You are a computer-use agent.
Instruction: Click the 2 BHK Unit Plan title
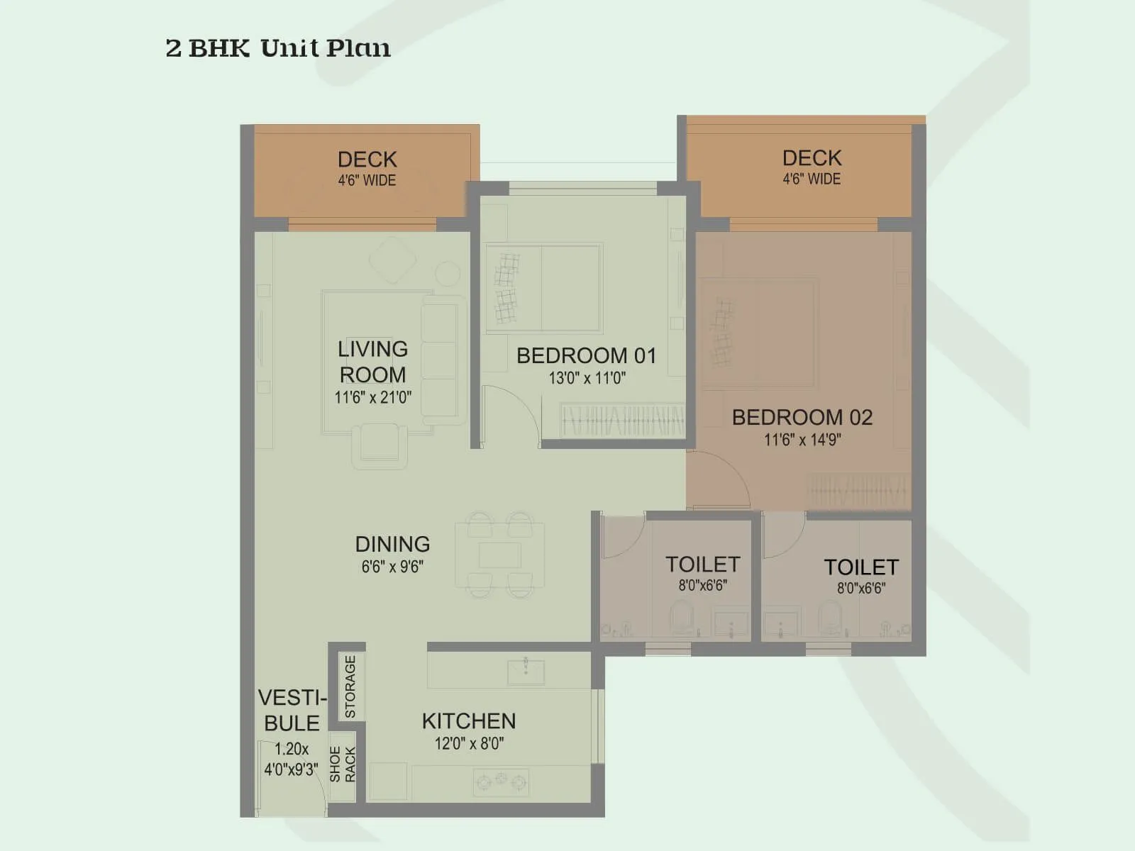[277, 48]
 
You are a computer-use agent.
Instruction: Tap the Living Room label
[372, 362]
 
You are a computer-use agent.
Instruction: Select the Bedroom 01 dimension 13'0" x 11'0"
[587, 378]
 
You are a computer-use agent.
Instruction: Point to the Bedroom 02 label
[802, 417]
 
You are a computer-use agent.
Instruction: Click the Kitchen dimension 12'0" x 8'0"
[469, 743]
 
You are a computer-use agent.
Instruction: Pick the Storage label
[350, 686]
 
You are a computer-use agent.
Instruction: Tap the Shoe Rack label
[343, 764]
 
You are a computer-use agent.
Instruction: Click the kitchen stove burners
[502, 781]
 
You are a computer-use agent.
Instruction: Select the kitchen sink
[526, 671]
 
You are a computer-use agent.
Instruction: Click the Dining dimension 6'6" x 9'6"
[392, 567]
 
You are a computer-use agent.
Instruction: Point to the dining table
[500, 555]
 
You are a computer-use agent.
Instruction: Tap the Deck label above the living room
[367, 160]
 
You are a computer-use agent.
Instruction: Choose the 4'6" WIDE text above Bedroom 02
[812, 179]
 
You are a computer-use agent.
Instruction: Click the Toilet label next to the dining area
[702, 564]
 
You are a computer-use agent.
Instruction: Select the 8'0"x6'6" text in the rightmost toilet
[860, 588]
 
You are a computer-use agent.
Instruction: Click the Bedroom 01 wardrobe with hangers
[622, 420]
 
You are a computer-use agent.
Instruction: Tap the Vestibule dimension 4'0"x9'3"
[291, 769]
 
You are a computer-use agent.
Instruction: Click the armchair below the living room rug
[380, 445]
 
